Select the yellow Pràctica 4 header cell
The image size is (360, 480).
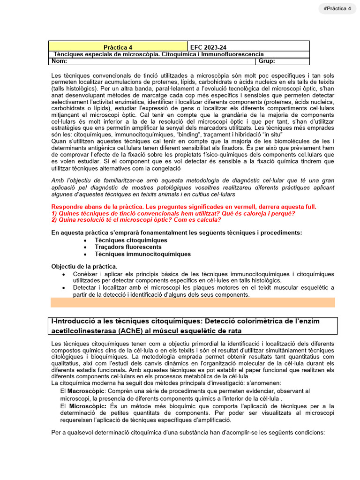pos(118,47)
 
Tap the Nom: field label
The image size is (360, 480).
pos(60,61)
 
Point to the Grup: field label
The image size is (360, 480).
pos(267,61)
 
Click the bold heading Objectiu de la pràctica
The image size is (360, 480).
pos(84,266)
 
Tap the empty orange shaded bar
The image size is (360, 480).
pos(193,302)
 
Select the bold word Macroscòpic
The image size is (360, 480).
pos(87,390)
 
